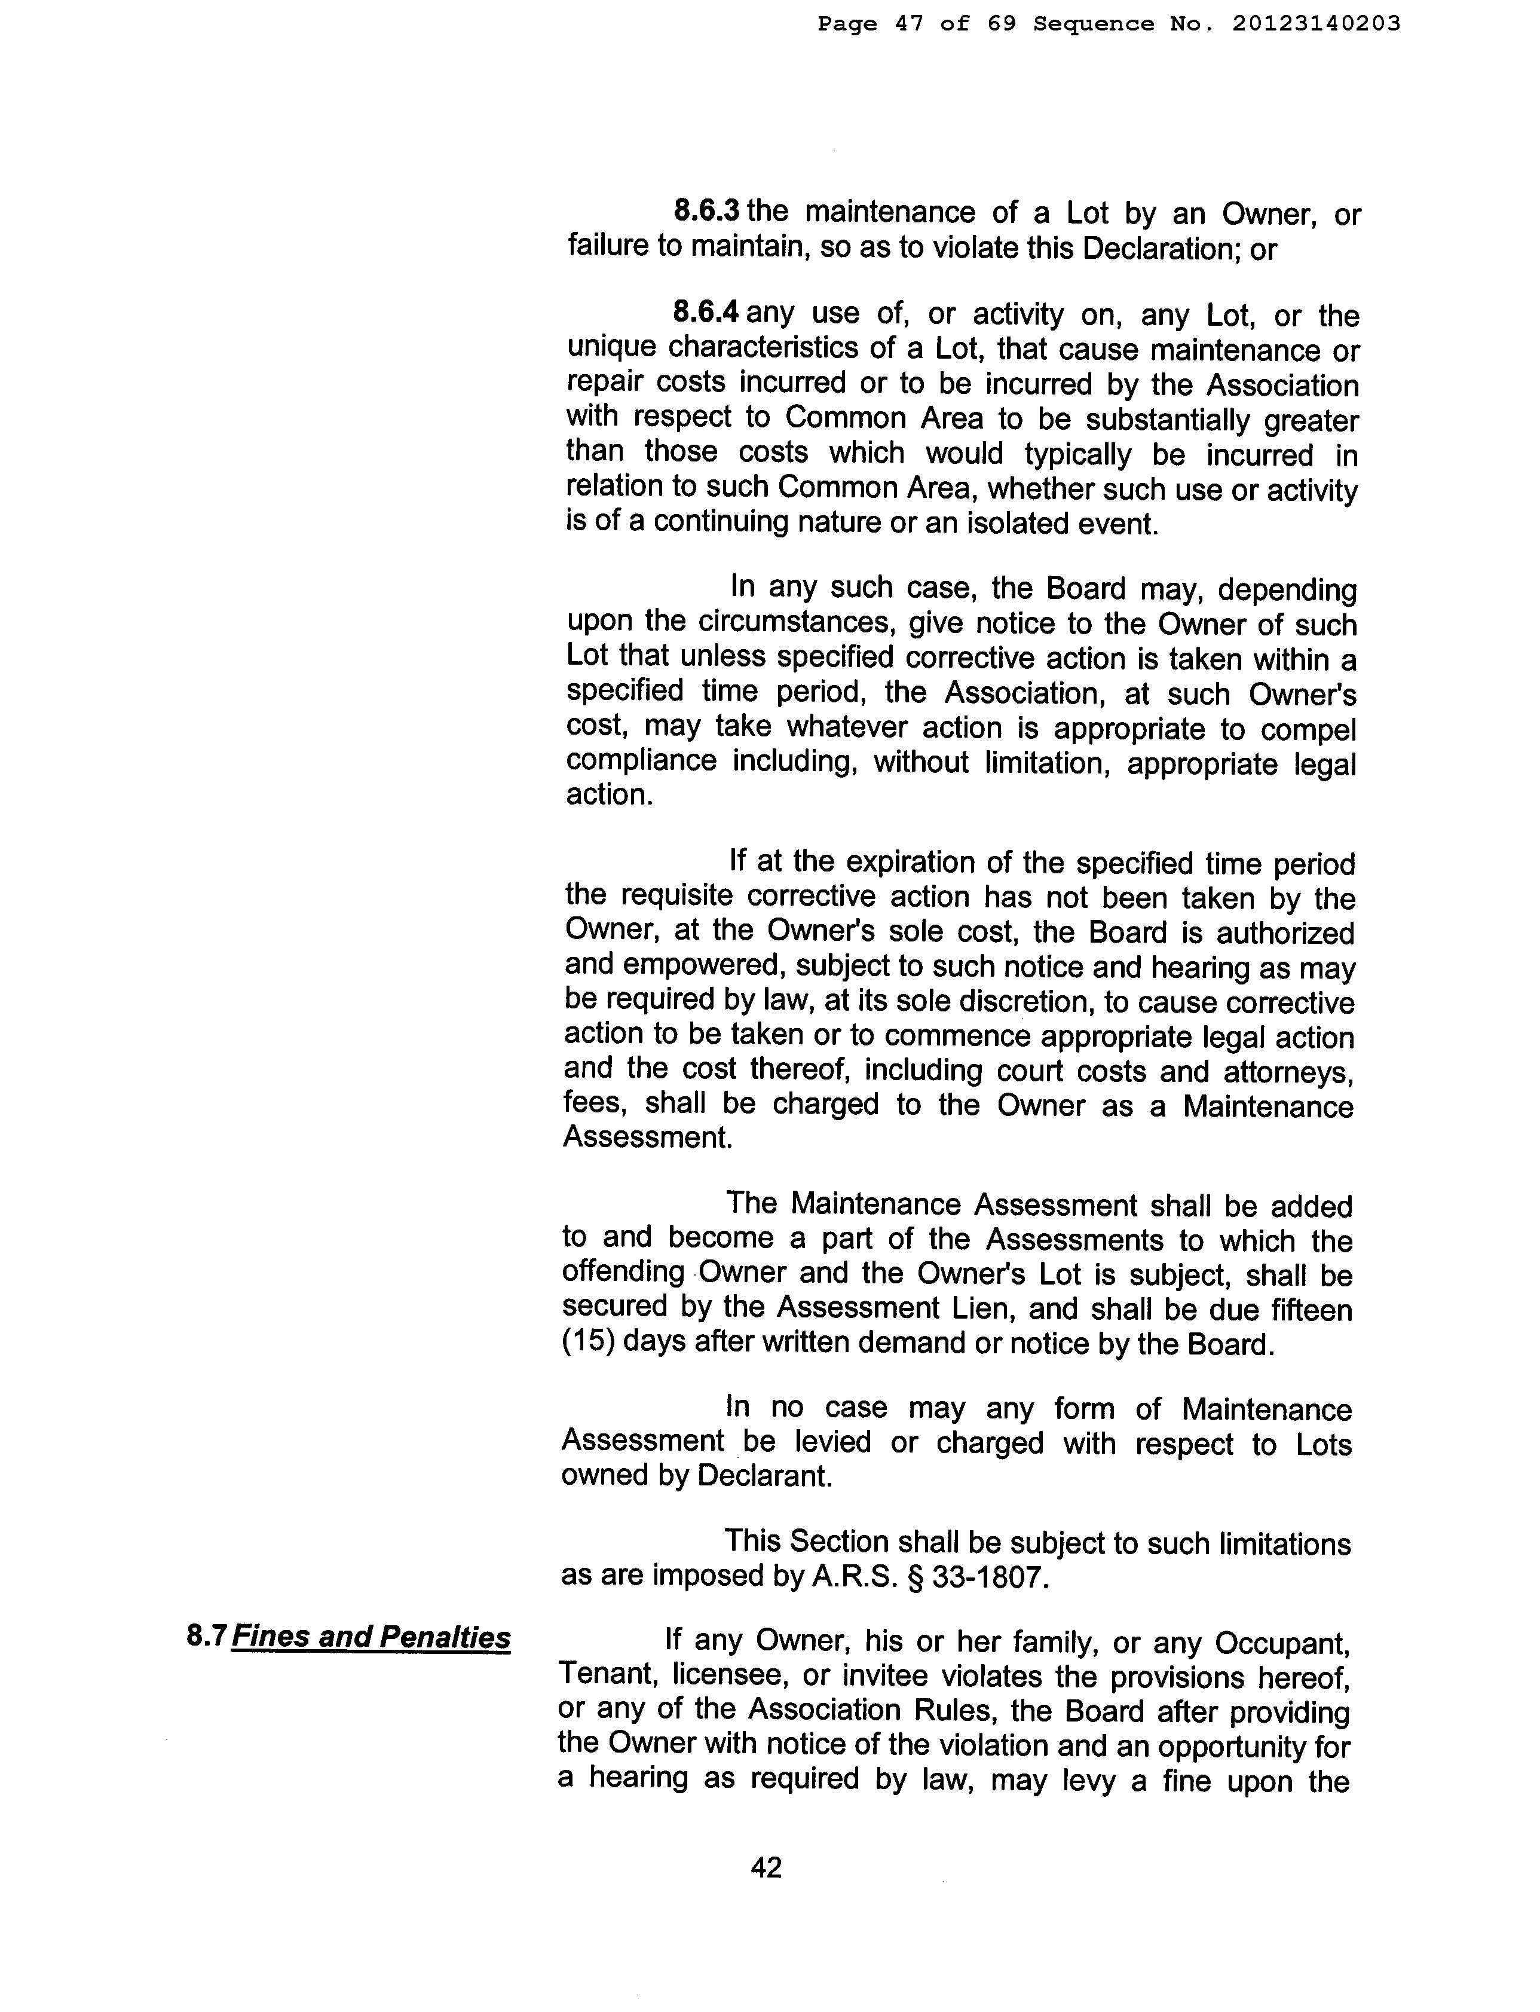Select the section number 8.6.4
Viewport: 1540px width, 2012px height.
705,313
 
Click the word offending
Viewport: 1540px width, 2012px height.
623,1273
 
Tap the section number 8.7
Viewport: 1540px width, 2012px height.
206,1636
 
